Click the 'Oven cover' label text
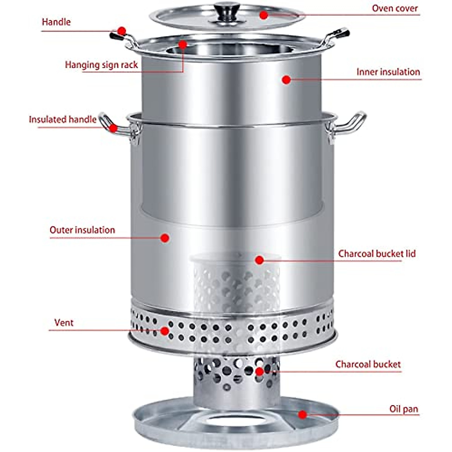coord(395,8)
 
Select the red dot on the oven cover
coord(263,15)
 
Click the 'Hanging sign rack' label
coord(101,65)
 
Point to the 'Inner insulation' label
coord(388,72)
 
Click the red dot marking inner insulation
coord(286,79)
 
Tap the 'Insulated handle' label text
coord(63,120)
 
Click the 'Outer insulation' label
coord(82,230)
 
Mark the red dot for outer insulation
coord(165,238)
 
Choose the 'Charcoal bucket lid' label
coord(377,253)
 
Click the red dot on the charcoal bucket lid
coord(259,260)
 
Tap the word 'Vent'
coord(64,323)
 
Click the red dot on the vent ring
coord(165,331)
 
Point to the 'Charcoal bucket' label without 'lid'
coord(368,364)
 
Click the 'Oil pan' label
coord(403,409)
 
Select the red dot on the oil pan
coord(302,415)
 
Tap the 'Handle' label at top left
coord(56,22)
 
